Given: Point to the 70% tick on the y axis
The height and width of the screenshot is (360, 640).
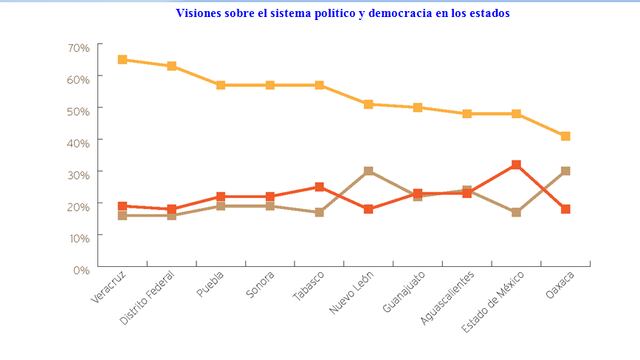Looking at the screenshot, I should coord(78,47).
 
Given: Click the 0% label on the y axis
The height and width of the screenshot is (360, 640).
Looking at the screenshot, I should coord(82,269).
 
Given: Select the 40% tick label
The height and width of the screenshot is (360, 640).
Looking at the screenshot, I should coord(78,142).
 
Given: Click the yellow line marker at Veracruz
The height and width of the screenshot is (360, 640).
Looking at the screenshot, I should coord(122,60).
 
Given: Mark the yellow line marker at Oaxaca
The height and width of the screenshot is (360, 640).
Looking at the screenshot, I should coord(565,136).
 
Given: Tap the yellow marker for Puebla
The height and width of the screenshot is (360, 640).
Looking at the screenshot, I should coord(220,85).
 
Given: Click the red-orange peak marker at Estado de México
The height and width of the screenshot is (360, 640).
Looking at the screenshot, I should coord(516,165).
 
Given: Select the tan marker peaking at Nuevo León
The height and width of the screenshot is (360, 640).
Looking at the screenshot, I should coord(368,171).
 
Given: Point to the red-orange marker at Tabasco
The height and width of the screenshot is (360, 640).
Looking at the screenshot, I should coord(319,187).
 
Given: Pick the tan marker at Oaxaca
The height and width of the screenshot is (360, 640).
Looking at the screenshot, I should coord(565,171).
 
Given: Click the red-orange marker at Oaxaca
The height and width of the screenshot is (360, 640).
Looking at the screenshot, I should coord(565,209).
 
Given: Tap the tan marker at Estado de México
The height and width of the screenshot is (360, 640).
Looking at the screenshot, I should coord(516,212).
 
